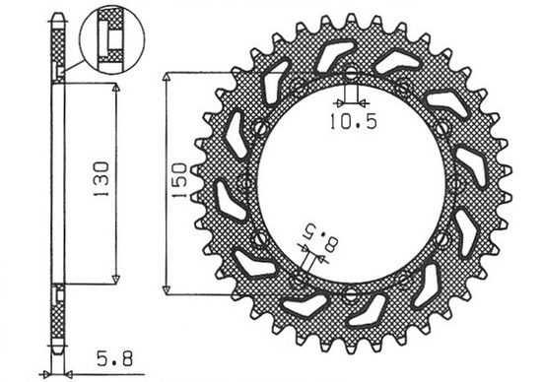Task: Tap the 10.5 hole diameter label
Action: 352,123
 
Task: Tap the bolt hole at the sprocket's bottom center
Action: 352,293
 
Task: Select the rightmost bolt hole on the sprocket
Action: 459,182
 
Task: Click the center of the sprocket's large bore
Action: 352,182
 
